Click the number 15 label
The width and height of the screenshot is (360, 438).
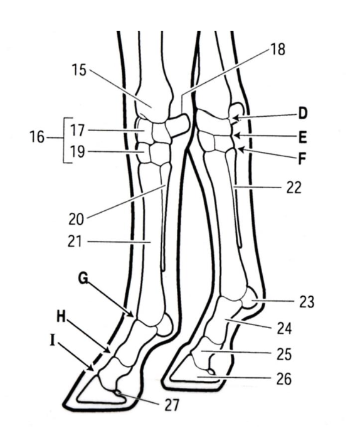79,70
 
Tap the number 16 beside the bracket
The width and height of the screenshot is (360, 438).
37,137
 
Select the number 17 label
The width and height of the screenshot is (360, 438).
77,130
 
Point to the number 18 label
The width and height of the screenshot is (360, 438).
278,49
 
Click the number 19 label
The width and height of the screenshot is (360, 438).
77,152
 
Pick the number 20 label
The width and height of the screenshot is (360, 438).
77,219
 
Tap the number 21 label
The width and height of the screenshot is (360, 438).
75,242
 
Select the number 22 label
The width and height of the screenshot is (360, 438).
294,188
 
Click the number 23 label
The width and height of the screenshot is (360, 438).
307,302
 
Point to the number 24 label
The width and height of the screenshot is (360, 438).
284,328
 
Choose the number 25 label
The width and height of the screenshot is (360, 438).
284,354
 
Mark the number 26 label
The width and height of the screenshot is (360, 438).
284,379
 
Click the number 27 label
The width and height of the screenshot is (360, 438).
171,405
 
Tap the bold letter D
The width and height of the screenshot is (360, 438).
302,114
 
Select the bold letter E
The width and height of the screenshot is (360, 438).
302,137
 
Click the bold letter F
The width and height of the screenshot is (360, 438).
302,159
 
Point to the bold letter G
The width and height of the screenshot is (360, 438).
83,278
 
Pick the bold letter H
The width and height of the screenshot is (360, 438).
61,317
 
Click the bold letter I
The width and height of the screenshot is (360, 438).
52,341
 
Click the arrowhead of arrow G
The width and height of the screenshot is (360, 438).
130,314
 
